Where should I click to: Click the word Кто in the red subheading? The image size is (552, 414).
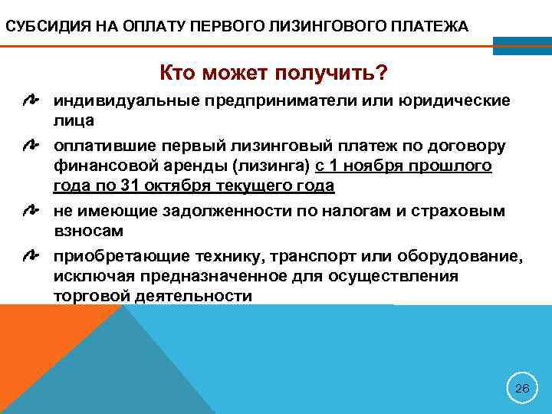coord(177,74)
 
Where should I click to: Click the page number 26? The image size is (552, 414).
coord(522,389)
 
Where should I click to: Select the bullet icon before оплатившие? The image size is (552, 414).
coord(31,145)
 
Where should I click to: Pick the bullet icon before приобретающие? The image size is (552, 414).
coord(31,254)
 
